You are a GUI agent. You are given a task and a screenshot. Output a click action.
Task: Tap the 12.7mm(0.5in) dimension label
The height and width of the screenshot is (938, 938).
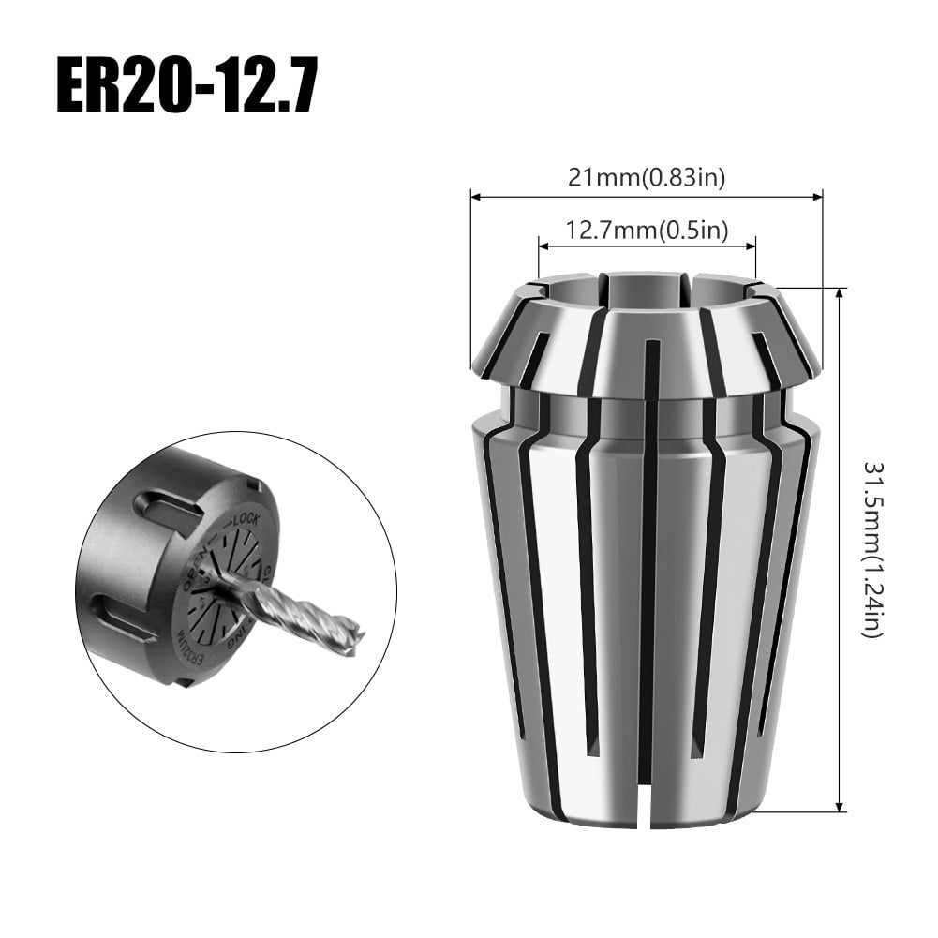pyautogui.click(x=647, y=229)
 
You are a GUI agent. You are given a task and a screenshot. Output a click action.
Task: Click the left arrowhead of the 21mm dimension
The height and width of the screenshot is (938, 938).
pyautogui.click(x=475, y=198)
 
